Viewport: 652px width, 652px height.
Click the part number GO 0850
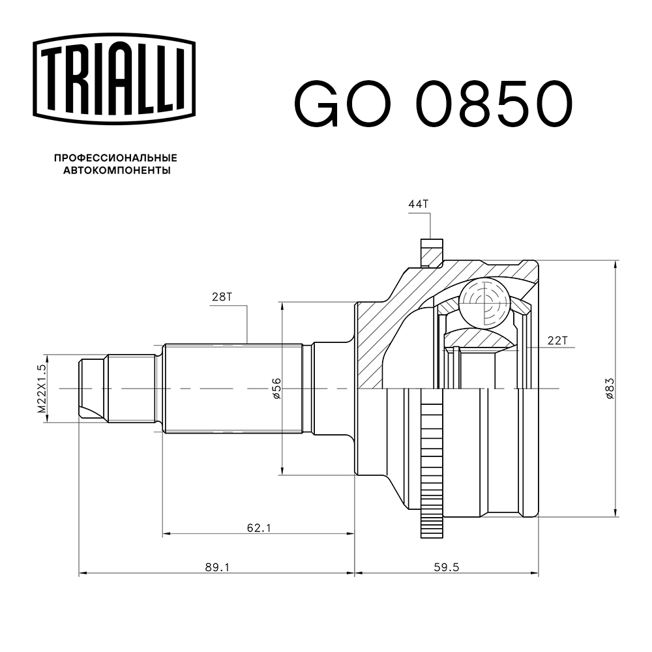[x=434, y=104]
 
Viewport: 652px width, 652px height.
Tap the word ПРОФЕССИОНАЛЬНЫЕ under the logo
[x=115, y=158]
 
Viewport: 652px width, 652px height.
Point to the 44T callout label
[x=419, y=204]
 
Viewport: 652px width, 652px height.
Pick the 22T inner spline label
[x=558, y=340]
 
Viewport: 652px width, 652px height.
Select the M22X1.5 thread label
[x=41, y=389]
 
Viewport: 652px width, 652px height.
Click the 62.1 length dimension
[x=258, y=527]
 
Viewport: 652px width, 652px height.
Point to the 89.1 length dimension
[x=217, y=567]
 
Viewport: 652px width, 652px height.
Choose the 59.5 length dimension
[x=447, y=567]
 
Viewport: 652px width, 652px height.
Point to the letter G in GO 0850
[x=319, y=104]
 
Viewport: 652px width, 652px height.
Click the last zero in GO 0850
[x=548, y=104]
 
